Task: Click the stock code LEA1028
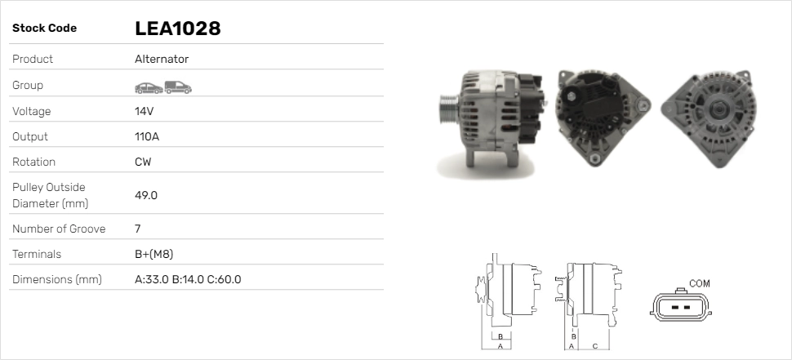pyautogui.click(x=177, y=29)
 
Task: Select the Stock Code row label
pyautogui.click(x=44, y=29)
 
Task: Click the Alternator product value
pyautogui.click(x=162, y=59)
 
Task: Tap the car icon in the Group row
pyautogui.click(x=148, y=87)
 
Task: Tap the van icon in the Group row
pyautogui.click(x=177, y=87)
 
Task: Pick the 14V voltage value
pyautogui.click(x=145, y=111)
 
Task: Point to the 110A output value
pyautogui.click(x=148, y=136)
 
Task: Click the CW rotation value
pyautogui.click(x=143, y=162)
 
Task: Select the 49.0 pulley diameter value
pyautogui.click(x=146, y=195)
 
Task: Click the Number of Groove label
pyautogui.click(x=59, y=229)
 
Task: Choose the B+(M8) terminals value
pyautogui.click(x=154, y=254)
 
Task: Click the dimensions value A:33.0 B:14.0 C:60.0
pyautogui.click(x=187, y=279)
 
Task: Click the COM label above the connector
pyautogui.click(x=700, y=283)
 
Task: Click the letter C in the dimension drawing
pyautogui.click(x=594, y=346)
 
